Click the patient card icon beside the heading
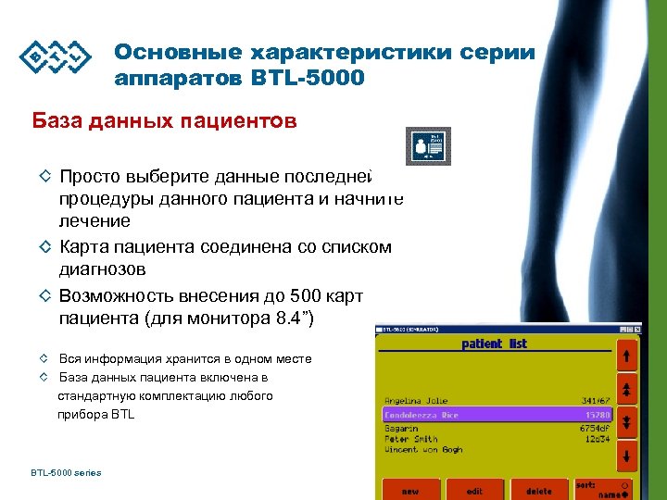[x=428, y=145]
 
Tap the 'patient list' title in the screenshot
[x=494, y=344]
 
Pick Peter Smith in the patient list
[x=412, y=439]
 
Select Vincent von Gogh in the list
[x=423, y=450]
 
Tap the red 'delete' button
[x=538, y=491]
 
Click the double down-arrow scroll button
[x=627, y=423]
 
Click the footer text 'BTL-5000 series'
[x=65, y=473]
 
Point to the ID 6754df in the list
[x=593, y=429]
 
